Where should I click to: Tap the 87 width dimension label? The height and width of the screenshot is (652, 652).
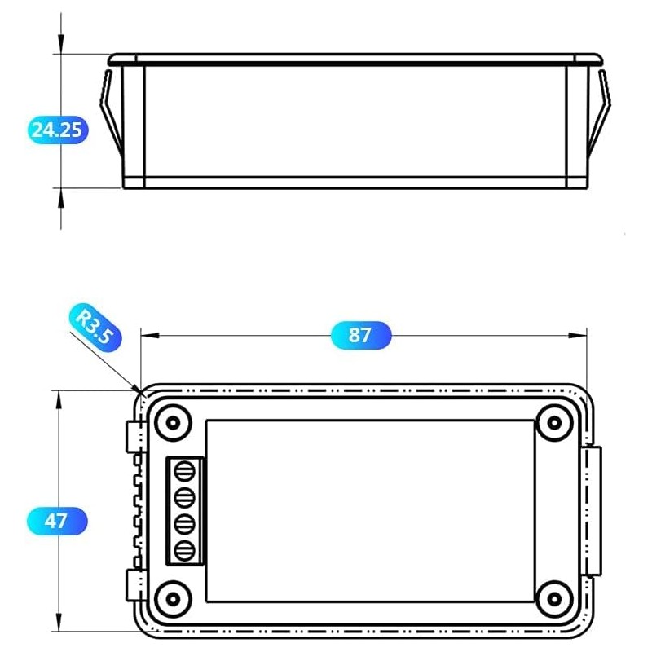coord(361,335)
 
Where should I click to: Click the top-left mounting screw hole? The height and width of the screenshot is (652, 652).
coord(172,422)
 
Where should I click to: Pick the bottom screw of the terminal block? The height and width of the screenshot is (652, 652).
coord(185,549)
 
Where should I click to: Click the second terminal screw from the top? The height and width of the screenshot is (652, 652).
coord(185,497)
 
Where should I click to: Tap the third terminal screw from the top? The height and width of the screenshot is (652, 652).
coord(185,523)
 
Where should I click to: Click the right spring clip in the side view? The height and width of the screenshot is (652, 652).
coord(601,114)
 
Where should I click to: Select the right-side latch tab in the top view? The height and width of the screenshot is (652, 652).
coord(593,511)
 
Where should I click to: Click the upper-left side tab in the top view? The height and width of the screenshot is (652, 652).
coord(135,437)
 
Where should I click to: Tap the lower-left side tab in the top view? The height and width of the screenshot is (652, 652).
coord(135,585)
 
